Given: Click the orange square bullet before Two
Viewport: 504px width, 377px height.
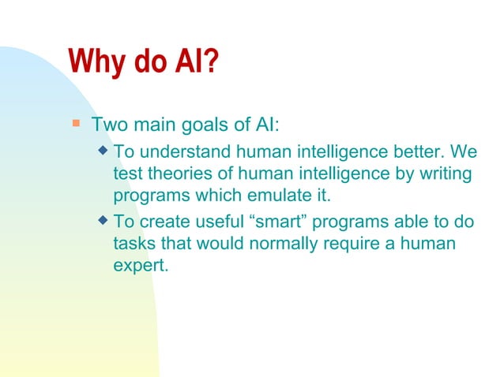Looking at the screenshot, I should tap(76, 123).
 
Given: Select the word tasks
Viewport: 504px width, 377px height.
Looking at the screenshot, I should tap(134, 244).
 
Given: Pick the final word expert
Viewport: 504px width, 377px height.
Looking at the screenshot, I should tap(141, 267).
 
